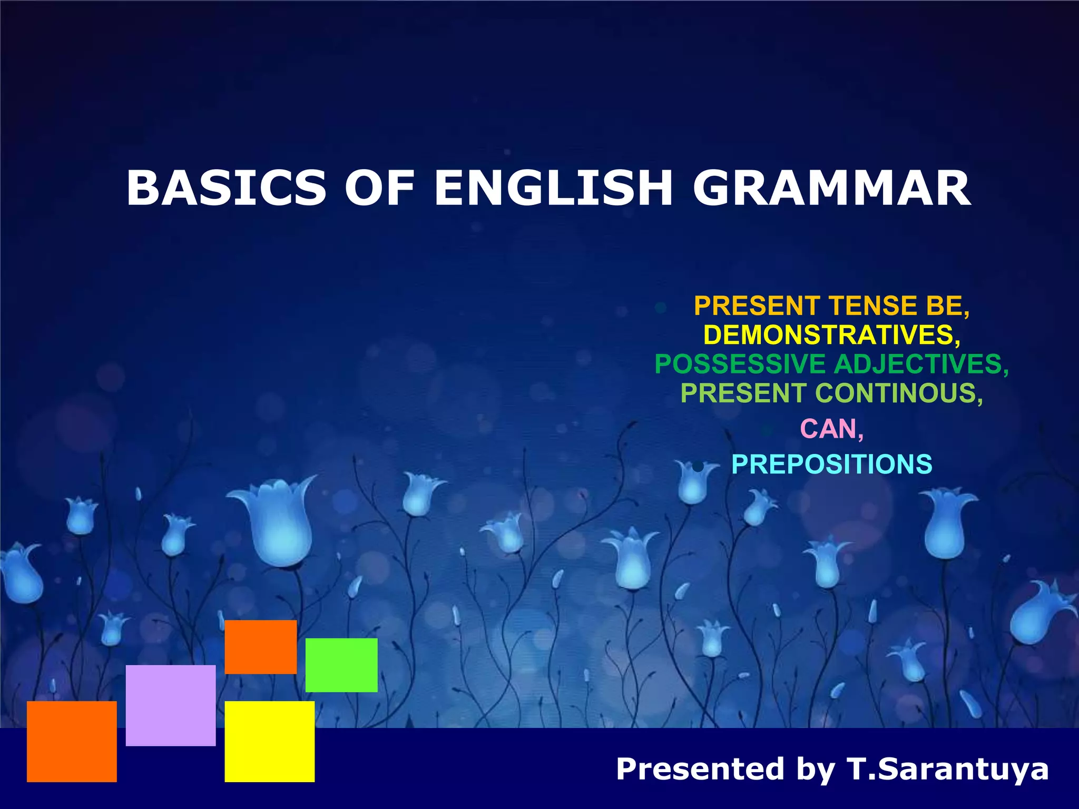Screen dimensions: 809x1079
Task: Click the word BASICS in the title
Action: (226, 188)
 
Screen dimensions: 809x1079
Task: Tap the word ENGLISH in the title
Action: (553, 188)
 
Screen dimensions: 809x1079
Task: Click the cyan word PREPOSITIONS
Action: (831, 465)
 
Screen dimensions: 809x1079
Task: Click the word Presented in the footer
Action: (701, 768)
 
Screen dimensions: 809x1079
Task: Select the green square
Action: (341, 665)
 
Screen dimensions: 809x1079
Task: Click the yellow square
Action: (269, 741)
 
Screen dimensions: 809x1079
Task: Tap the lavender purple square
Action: (171, 705)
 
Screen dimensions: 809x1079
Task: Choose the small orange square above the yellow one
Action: (261, 647)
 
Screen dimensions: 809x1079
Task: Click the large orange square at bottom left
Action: (72, 741)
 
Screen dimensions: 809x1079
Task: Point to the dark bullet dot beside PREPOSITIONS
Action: (698, 466)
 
